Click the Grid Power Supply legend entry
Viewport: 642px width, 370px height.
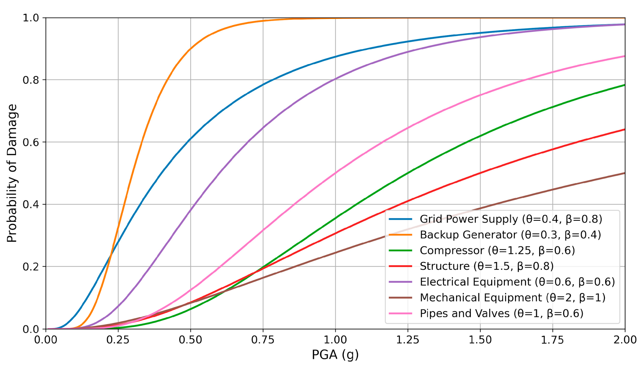[x=511, y=219]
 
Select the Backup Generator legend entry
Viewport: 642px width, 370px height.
[x=510, y=235]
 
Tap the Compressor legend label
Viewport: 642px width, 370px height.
[x=497, y=251]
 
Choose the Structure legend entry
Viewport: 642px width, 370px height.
[x=486, y=266]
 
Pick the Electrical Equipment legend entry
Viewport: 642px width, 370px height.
[x=517, y=282]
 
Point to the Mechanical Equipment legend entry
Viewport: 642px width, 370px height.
[x=513, y=298]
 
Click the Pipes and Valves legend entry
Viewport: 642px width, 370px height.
[x=501, y=313]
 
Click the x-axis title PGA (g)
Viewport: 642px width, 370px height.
[x=335, y=355]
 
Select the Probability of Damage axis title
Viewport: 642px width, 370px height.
[x=12, y=173]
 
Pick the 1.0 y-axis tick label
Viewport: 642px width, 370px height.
[x=30, y=18]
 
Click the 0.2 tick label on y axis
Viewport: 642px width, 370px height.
[x=30, y=267]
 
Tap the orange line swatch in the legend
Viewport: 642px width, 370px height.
[x=400, y=235]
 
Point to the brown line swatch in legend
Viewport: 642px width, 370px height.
[x=400, y=298]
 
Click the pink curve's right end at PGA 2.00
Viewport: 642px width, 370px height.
[x=624, y=56]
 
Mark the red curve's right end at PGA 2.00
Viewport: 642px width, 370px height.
[x=624, y=130]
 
